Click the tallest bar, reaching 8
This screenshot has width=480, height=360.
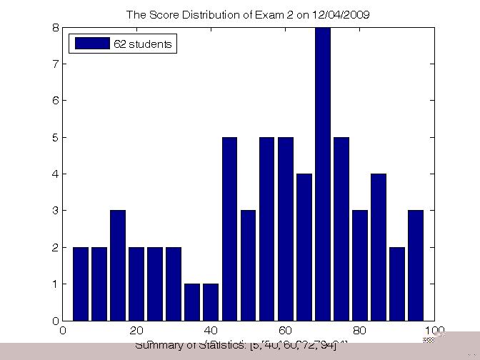(322, 174)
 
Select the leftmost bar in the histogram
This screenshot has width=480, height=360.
(80, 284)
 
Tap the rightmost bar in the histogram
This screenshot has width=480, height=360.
(416, 265)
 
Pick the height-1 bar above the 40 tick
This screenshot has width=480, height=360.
(211, 302)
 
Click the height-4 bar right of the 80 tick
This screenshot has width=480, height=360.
(379, 247)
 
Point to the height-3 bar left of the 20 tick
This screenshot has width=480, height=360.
(117, 265)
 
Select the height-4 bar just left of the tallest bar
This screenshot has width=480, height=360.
(304, 247)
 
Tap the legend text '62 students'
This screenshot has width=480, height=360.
(143, 44)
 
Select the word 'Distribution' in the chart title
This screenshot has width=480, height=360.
(204, 14)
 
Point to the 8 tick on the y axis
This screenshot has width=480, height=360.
(55, 28)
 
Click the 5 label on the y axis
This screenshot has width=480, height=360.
(55, 137)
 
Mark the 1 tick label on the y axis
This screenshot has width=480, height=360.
(55, 284)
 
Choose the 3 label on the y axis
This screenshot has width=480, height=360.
(55, 211)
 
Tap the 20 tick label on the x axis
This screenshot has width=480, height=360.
(137, 331)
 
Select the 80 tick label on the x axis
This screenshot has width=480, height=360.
(359, 331)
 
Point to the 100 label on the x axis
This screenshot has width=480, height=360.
(434, 331)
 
